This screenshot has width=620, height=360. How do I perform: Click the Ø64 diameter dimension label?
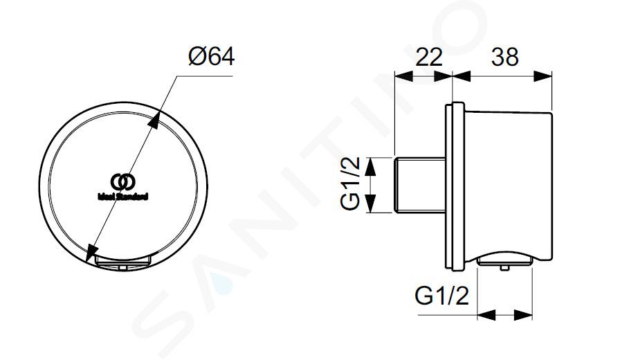point(212,57)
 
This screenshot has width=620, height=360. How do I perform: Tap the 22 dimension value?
point(428,57)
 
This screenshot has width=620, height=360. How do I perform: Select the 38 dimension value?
point(504,57)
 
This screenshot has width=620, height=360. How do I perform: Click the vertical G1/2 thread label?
point(350,183)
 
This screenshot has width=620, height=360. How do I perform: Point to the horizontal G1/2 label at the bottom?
point(441,295)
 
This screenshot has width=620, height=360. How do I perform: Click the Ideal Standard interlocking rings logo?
point(123,182)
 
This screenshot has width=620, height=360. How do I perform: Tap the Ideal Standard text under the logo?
point(123,196)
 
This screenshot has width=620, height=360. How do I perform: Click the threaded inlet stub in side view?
point(420,185)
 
